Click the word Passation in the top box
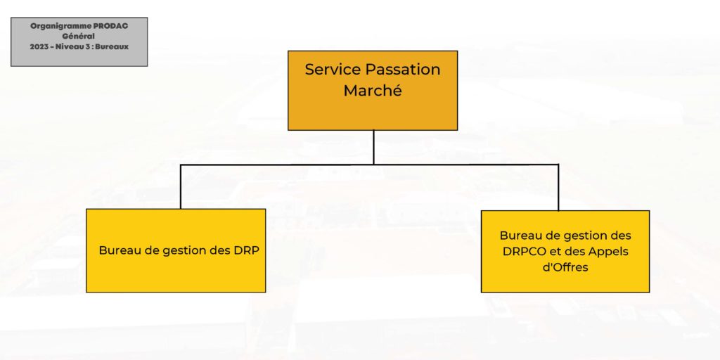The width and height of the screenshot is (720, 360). coord(403,70)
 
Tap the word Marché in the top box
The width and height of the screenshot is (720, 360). coord(373,91)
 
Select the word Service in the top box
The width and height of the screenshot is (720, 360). coord(333,70)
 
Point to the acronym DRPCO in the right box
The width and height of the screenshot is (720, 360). coord(522,252)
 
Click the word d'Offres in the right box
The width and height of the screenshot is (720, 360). coord(565,266)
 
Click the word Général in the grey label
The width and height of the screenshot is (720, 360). coord(79,37)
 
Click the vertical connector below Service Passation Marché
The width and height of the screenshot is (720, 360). coord(373,147)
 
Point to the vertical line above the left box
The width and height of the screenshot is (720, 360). coord(181,186)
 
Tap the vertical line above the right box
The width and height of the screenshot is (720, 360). coord(558,187)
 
